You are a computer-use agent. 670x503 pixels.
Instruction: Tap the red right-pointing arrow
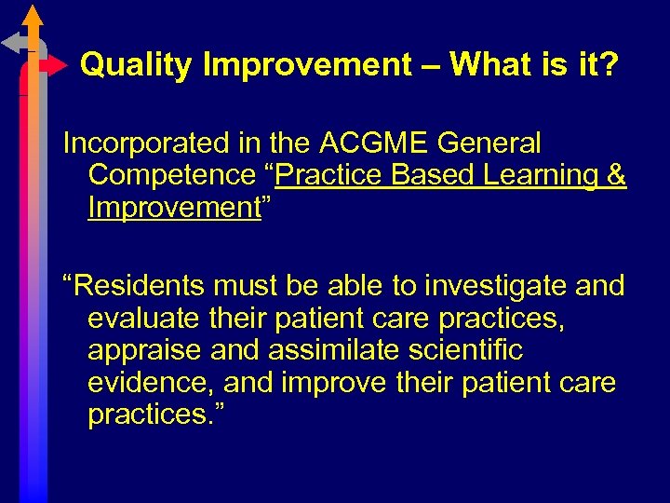[55, 66]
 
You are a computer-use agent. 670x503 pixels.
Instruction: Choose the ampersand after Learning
[616, 175]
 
